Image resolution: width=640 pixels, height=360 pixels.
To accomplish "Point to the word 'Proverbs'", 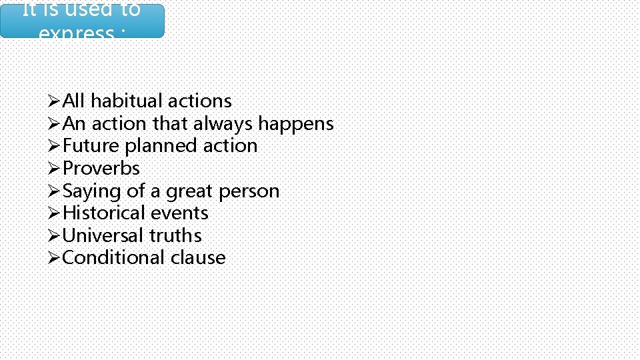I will click(101, 169).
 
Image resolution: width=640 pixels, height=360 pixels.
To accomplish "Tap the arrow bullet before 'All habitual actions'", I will click(55, 101).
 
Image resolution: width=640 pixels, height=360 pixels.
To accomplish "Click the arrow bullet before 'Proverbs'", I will click(55, 169).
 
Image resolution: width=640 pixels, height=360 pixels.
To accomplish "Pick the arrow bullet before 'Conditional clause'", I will click(55, 258).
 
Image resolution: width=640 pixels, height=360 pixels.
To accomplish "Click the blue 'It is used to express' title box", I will click(82, 20).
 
